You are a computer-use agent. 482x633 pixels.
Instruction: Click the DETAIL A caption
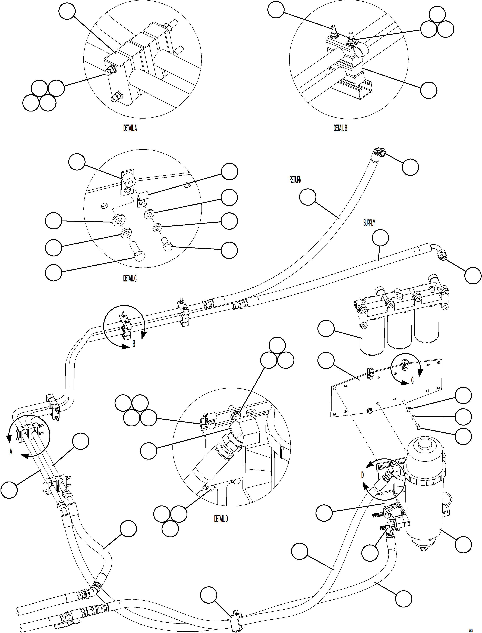[130, 128]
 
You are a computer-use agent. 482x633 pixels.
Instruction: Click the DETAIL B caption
[340, 128]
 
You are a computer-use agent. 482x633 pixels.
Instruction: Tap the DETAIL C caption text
[130, 278]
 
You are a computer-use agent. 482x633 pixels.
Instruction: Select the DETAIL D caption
[221, 519]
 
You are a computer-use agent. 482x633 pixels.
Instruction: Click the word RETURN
[295, 180]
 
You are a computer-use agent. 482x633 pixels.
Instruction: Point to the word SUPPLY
[369, 223]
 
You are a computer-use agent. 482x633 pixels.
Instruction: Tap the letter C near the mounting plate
[412, 380]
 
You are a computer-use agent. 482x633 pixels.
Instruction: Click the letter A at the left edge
[11, 452]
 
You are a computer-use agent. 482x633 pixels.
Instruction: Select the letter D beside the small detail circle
[362, 475]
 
